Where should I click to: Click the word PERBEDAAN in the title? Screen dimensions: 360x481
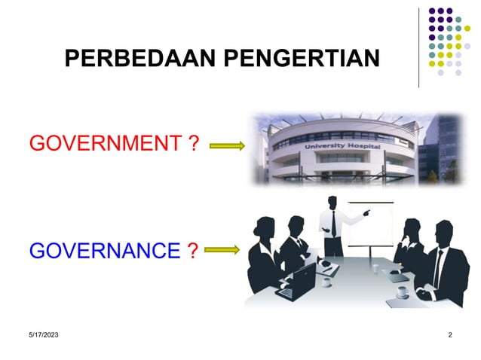(x=129, y=59)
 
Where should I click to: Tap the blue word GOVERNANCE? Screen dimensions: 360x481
(x=102, y=250)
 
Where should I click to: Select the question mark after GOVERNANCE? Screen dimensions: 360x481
(x=192, y=250)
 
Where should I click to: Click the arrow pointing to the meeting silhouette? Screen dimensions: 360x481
(x=223, y=249)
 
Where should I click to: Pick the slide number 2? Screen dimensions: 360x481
(x=449, y=334)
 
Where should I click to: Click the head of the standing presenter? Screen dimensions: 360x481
(x=332, y=203)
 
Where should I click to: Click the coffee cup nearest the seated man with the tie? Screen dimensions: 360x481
(x=403, y=291)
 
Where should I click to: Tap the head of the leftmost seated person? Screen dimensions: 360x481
(x=268, y=227)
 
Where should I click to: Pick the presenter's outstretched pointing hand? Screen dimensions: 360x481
(x=367, y=213)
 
